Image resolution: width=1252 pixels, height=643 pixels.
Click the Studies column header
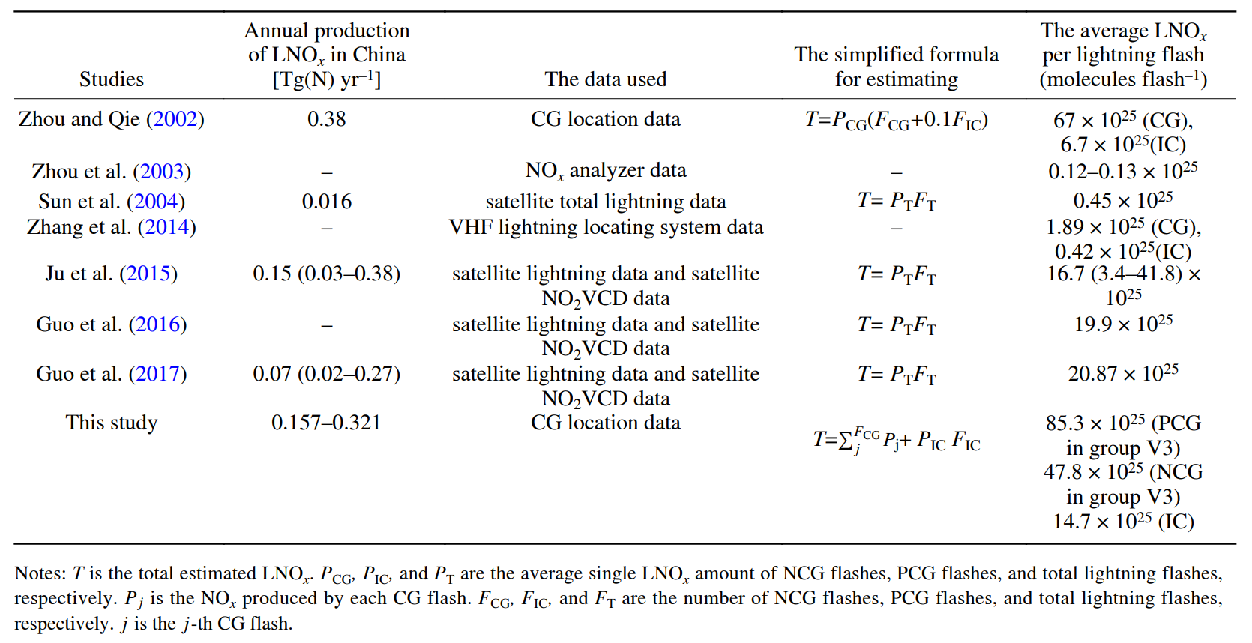(x=112, y=79)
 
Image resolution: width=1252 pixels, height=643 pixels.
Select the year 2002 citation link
(x=175, y=119)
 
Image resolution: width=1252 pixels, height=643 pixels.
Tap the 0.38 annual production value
(x=326, y=119)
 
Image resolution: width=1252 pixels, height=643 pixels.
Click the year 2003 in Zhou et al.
(x=162, y=172)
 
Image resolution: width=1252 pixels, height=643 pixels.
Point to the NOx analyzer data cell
(x=606, y=171)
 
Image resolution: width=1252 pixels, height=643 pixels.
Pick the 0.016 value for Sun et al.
(x=326, y=202)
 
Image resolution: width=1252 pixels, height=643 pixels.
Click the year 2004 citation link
(x=156, y=202)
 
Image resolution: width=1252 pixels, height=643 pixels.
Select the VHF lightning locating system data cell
(x=606, y=227)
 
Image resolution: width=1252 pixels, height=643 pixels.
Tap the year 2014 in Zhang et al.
(x=166, y=227)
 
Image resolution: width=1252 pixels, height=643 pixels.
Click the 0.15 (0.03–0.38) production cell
(x=326, y=274)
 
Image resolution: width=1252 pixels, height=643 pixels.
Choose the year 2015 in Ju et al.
(x=148, y=274)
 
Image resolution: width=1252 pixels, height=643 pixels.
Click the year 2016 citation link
(x=157, y=324)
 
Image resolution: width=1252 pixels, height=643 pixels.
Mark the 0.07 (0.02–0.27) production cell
(x=326, y=374)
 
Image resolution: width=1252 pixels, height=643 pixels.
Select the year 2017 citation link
(x=157, y=374)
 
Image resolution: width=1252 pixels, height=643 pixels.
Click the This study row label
(x=112, y=423)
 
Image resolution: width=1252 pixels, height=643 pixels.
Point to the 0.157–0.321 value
(x=326, y=423)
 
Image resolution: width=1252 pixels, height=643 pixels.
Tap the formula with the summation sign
(x=896, y=439)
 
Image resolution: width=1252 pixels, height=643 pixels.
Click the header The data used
(x=606, y=79)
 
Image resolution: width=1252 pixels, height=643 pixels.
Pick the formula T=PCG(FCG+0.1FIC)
(x=896, y=120)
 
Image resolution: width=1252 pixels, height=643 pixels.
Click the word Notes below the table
(x=40, y=573)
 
